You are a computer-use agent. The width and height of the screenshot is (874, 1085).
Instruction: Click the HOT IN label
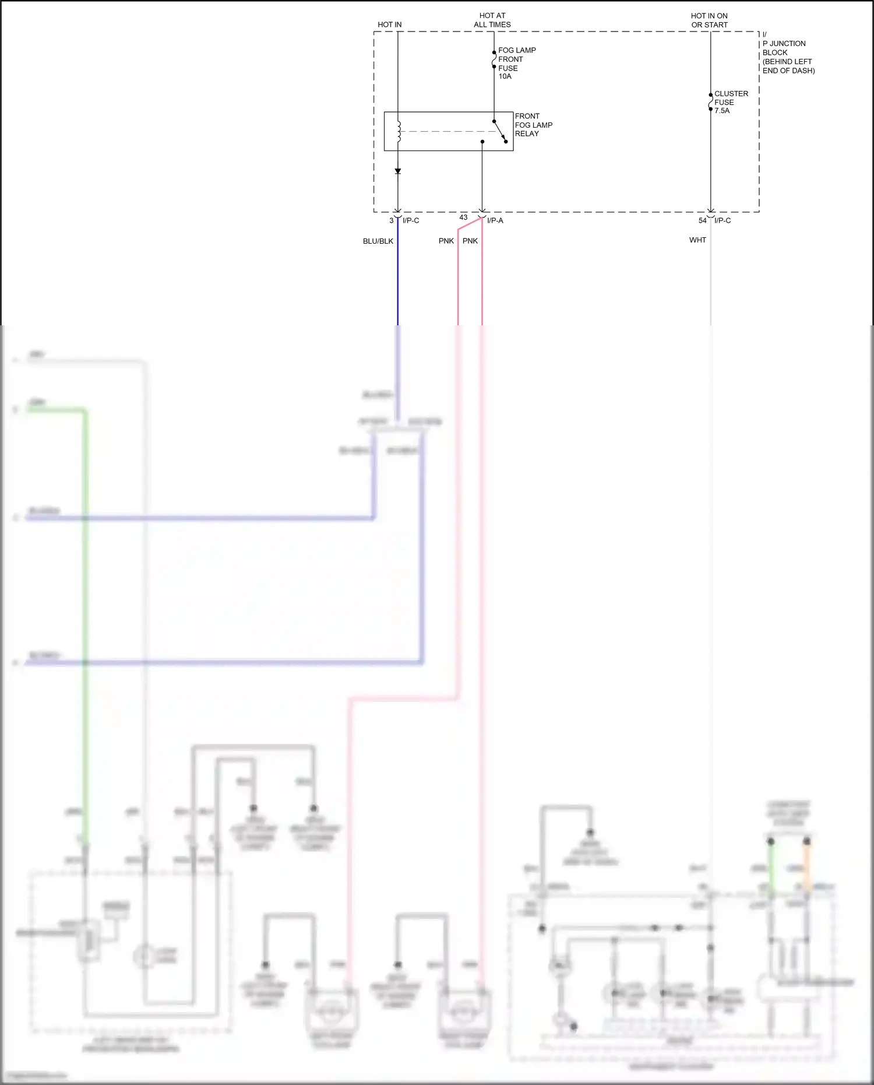[389, 24]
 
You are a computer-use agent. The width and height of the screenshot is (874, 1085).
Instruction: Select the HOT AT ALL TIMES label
[492, 20]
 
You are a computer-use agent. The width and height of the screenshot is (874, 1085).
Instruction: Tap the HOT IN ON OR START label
[709, 20]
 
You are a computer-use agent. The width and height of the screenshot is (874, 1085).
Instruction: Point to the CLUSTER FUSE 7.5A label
[730, 102]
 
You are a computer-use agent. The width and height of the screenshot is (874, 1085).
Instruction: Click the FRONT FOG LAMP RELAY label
[533, 125]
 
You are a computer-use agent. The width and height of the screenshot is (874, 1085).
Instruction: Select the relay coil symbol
[399, 131]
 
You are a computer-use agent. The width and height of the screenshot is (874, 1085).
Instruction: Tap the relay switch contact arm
[500, 131]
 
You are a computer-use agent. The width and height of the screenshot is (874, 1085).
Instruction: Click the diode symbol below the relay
[398, 171]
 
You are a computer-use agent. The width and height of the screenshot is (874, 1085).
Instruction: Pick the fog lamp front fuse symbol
[494, 59]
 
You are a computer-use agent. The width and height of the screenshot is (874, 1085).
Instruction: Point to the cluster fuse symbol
[710, 102]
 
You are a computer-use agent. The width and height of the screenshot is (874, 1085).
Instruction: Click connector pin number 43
[463, 217]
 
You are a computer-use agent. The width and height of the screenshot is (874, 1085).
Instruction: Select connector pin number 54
[702, 220]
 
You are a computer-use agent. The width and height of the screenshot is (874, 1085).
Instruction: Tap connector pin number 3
[392, 220]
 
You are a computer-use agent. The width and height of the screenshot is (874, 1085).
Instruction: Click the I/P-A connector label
[495, 220]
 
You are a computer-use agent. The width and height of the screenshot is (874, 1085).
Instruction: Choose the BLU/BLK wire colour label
[378, 241]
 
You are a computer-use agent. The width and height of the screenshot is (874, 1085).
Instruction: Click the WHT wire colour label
[697, 240]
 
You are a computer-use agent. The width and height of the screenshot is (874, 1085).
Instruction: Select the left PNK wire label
[446, 241]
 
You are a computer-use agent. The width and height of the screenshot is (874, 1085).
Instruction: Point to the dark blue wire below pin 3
[398, 280]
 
